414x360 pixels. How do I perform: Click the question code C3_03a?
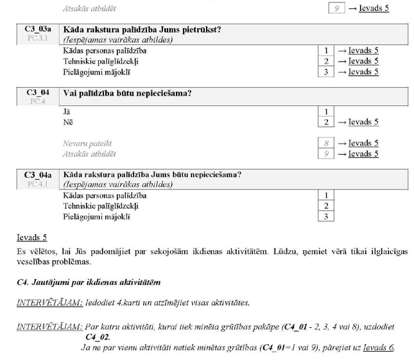coord(38,30)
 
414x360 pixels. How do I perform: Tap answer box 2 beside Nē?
coord(326,122)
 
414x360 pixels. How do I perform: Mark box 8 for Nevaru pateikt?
coord(326,143)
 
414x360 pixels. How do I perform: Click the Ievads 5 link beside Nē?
coord(363,122)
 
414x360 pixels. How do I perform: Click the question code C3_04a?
coord(38,175)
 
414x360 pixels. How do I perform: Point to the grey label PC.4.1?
coord(38,184)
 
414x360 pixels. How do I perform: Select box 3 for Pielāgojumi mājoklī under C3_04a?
coord(326,217)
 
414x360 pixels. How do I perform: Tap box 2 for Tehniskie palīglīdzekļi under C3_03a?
coord(326,61)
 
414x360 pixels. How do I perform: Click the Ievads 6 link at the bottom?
coord(377,348)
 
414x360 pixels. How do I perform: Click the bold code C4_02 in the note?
coord(98,336)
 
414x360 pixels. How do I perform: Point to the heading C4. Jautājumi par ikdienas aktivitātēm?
coord(89,282)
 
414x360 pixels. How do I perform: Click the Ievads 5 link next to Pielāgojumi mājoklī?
coord(363,72)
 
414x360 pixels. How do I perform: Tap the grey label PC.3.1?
coord(38,39)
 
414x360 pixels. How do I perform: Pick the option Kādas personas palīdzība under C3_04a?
coord(105,195)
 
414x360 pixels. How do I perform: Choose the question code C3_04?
coord(38,92)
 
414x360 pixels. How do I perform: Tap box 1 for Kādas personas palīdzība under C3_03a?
coord(326,51)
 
